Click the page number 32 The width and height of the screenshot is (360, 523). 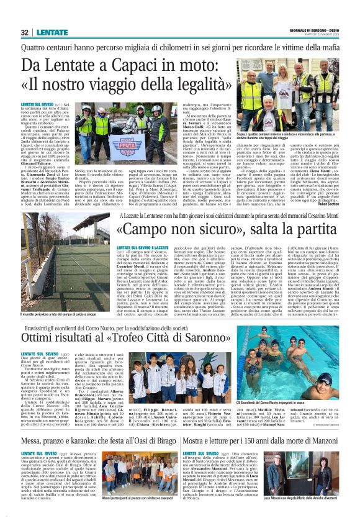(x=25, y=32)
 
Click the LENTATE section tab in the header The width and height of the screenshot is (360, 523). (x=52, y=32)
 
